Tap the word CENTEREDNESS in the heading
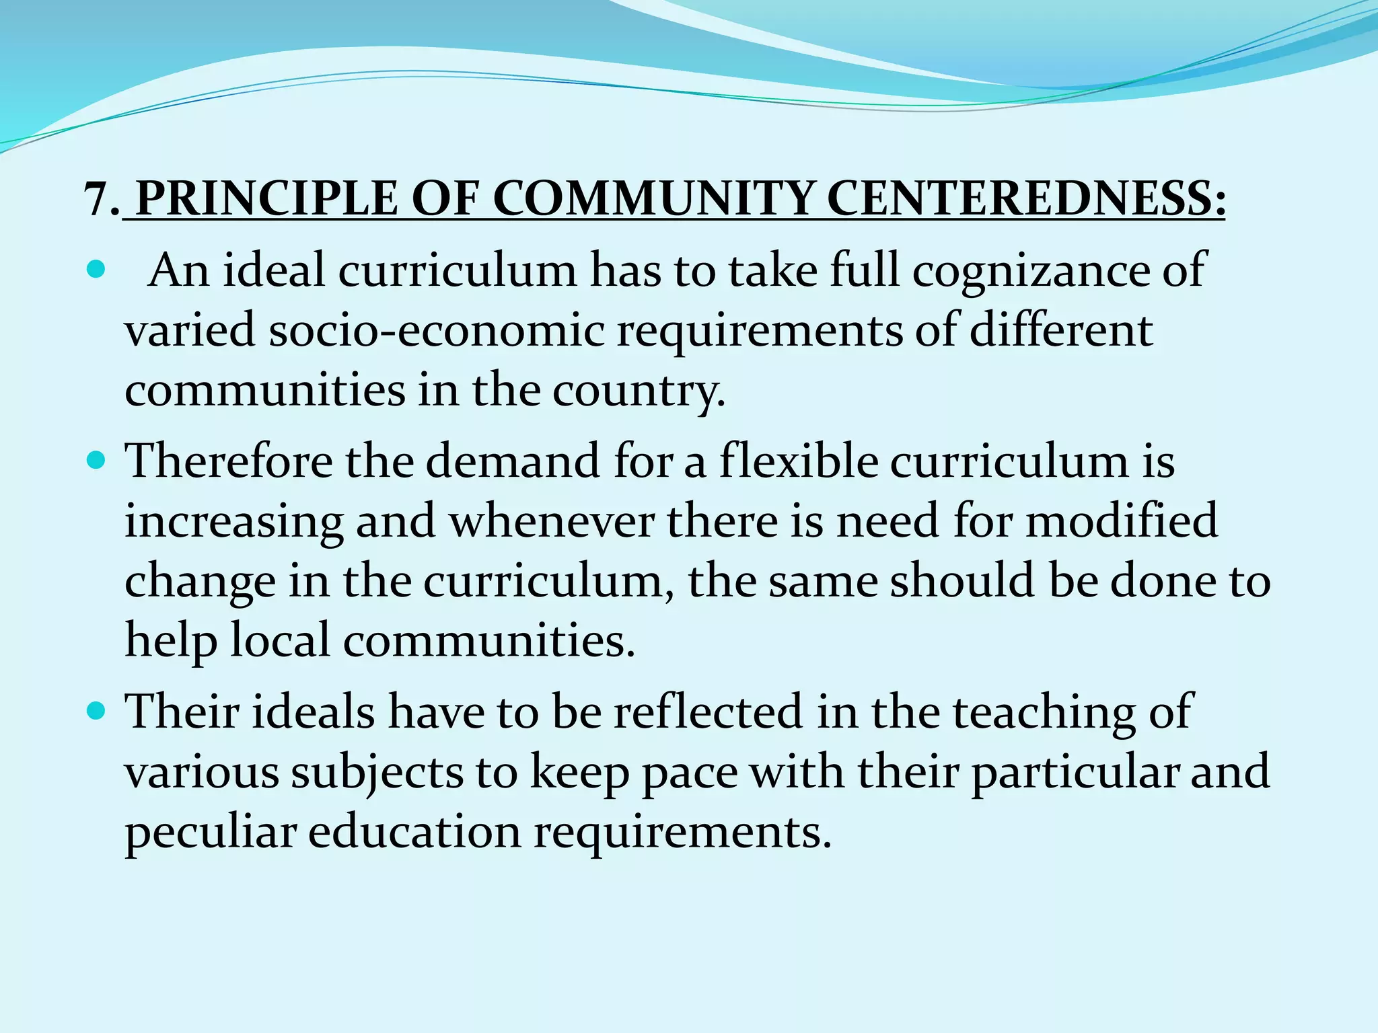(1023, 199)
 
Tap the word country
(639, 391)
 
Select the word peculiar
(210, 832)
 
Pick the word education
(414, 832)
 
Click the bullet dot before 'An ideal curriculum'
(97, 271)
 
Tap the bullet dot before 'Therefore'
(97, 461)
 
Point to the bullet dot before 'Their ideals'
(97, 710)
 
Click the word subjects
(377, 772)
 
